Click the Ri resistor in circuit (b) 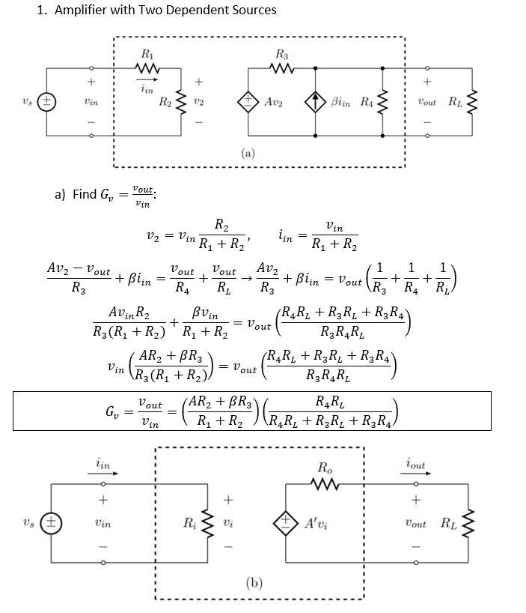[204, 522]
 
